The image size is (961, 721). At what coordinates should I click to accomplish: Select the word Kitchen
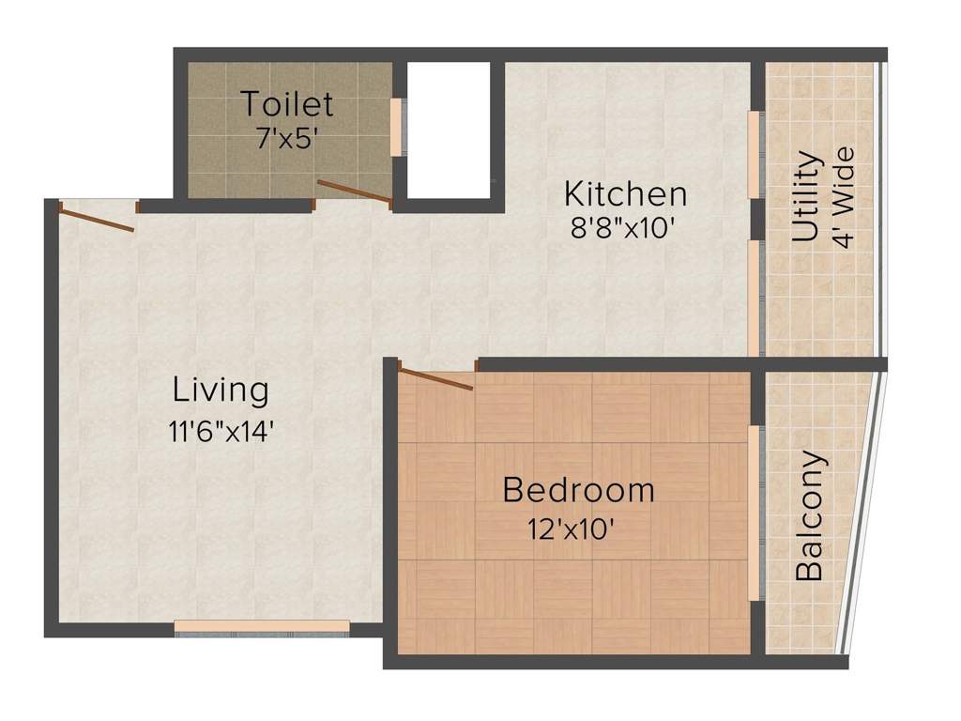tap(625, 194)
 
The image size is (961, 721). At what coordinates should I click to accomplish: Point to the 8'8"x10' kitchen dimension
tap(624, 229)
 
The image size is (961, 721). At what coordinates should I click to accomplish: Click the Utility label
tap(807, 197)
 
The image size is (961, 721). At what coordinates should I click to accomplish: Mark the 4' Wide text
tap(846, 197)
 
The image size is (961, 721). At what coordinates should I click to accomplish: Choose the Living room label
tap(221, 390)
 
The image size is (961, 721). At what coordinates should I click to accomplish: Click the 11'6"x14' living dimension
tap(221, 432)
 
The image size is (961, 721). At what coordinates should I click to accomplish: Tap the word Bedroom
tap(578, 490)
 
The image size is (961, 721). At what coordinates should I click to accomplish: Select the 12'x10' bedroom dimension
tap(572, 529)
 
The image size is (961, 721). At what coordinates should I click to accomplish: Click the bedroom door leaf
tap(435, 378)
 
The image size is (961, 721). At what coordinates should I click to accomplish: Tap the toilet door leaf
tap(355, 191)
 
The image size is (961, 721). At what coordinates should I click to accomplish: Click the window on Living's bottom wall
tap(262, 626)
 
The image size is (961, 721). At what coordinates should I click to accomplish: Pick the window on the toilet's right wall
tap(396, 126)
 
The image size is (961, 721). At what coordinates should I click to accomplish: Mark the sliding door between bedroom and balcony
tap(754, 513)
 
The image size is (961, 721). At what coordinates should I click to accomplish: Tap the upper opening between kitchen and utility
tap(754, 155)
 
